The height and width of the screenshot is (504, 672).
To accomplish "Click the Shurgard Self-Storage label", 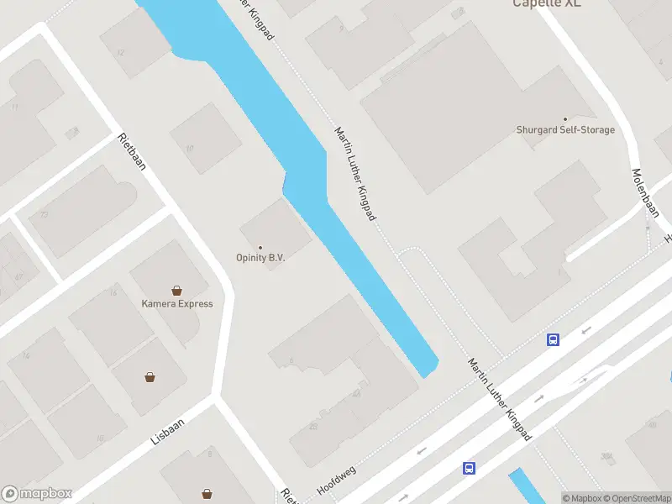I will click(564, 130).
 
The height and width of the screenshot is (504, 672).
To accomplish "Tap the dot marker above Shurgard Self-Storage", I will click(564, 118).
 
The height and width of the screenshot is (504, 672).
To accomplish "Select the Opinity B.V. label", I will click(260, 258).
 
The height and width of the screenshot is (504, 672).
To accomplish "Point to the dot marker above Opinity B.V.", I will click(260, 247).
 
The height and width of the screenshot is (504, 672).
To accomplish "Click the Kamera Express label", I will click(177, 304).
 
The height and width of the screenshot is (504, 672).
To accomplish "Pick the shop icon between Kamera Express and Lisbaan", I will click(150, 377).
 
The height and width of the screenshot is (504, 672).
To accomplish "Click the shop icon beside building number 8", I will click(207, 494).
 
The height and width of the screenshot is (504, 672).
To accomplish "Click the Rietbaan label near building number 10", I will click(132, 151).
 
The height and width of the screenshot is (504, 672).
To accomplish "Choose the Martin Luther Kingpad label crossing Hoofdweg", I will click(501, 399).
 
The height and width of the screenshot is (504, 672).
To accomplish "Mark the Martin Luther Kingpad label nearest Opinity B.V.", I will click(355, 175).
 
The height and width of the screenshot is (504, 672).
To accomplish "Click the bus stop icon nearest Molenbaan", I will click(554, 340).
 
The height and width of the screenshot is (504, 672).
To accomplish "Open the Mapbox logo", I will click(37, 494).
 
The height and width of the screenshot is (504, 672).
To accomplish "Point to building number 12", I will click(121, 52).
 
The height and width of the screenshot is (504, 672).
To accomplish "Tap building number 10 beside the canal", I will click(190, 148).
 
